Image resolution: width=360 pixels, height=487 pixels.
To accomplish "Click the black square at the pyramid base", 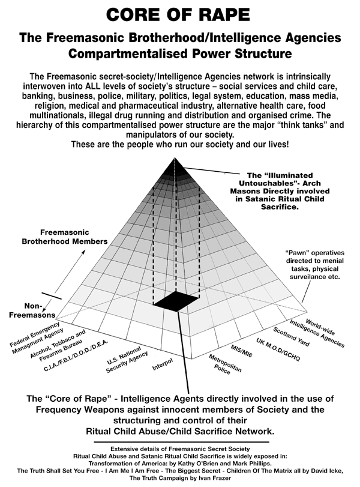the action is coord(176,301).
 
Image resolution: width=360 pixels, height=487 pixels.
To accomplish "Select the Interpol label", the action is coord(163,364).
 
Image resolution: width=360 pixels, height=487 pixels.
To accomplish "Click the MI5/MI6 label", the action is coord(241,351).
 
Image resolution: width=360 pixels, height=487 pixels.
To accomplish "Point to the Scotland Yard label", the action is coord(291,337).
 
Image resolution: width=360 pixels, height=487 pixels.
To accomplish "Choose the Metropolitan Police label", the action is coord(224,364).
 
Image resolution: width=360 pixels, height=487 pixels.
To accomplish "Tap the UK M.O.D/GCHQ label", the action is coord(278,349).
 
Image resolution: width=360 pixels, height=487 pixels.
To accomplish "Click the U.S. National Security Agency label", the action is coord(127,359).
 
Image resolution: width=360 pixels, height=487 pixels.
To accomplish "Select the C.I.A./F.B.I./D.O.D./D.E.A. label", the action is coord(76,355).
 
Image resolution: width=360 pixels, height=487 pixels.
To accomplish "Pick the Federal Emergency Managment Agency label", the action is coord(37,338).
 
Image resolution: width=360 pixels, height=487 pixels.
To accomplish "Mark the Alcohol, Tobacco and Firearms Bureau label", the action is coord(59,346).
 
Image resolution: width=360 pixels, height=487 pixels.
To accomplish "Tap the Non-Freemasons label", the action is coord(32,310).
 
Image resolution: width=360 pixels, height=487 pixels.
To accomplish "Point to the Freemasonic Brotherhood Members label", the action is coord(65,237).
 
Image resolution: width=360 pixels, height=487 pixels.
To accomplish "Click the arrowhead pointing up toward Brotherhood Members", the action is coord(83,252).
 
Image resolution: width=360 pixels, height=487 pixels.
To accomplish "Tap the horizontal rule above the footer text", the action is coord(181,441).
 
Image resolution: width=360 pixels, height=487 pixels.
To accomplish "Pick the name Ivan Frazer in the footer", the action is coord(213,478).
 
